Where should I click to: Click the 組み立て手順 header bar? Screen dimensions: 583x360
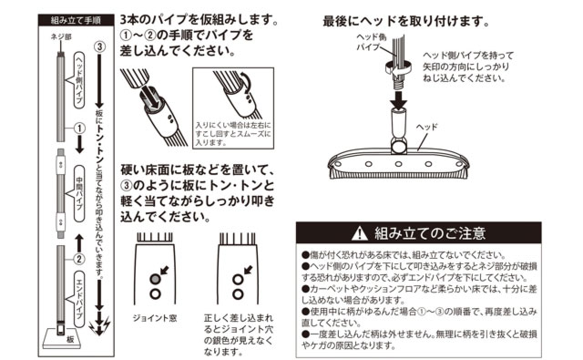tap(76, 20)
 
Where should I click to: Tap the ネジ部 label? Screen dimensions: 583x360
tap(61, 36)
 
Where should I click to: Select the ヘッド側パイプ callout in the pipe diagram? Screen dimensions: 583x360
tap(79, 80)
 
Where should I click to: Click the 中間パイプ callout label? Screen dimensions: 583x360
tap(79, 193)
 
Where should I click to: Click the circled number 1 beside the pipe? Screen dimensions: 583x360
tap(79, 129)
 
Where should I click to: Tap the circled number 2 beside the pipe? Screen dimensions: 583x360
tap(79, 259)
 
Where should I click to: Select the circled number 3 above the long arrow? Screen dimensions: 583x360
tap(99, 46)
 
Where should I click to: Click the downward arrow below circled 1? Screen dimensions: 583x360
tap(79, 145)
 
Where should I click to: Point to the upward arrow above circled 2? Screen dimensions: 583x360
tap(79, 243)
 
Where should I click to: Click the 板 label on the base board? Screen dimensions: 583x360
tap(71, 340)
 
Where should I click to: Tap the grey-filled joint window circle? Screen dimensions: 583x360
tap(155, 279)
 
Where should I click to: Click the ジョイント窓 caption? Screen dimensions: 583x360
tap(155, 318)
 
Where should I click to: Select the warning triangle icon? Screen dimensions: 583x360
tap(360, 233)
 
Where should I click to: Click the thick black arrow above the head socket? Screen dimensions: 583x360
tap(398, 98)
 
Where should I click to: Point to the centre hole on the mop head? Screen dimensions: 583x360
tap(398, 164)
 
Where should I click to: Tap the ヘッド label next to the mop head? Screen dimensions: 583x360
tap(426, 128)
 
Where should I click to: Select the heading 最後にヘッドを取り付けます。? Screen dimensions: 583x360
tap(406, 21)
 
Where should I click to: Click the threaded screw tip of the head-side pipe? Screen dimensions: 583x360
tap(398, 80)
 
